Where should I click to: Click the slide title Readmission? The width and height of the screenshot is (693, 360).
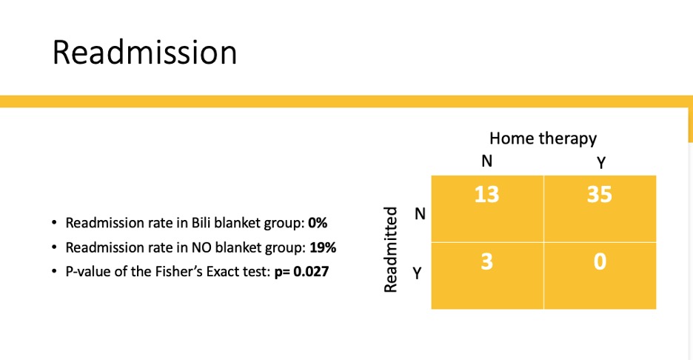144,53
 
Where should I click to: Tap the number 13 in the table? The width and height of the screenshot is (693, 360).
486,195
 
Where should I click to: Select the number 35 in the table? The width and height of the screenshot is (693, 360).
599,195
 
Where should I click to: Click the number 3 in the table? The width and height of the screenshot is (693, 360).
486,261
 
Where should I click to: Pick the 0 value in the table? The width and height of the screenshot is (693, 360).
600,261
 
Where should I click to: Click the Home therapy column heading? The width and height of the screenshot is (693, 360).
543,139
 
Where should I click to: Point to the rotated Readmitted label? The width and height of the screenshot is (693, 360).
391,250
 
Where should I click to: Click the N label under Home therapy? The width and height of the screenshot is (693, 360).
486,161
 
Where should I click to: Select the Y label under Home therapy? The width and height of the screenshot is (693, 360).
600,163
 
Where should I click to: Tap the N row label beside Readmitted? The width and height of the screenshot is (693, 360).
420,214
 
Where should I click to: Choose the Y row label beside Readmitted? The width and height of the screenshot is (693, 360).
418,273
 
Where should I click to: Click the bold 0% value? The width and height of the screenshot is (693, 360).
318,222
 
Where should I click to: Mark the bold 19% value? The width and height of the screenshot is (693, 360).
323,247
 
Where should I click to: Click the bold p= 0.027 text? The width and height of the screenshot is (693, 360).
302,271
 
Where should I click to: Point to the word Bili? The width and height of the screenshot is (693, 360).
201,222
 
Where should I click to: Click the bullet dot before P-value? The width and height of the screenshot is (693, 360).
54,271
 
